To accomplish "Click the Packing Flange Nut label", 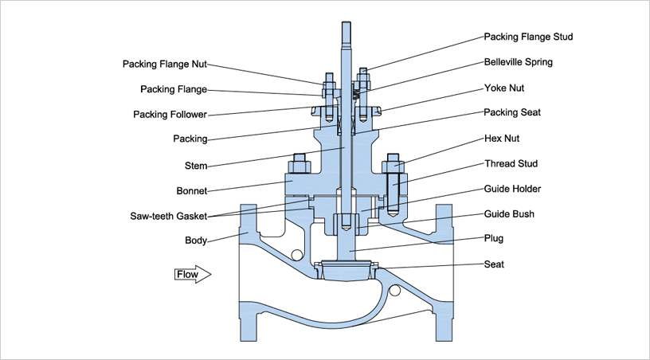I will [x=165, y=64].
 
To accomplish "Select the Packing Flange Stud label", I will [x=528, y=37].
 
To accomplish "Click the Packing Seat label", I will [x=512, y=112].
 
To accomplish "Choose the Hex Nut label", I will [x=502, y=138].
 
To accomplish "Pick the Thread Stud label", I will [x=511, y=163].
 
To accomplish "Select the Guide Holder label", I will [x=512, y=189].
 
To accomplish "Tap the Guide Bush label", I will [x=509, y=213].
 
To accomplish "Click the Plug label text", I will [x=494, y=238].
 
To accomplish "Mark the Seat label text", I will [x=494, y=264].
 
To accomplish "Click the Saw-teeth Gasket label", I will [x=168, y=216].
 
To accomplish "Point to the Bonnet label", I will [x=191, y=191].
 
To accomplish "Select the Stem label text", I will [x=196, y=166].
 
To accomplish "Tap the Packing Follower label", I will [x=170, y=115].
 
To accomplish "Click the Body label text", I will [x=196, y=241].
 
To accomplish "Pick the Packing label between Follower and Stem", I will [x=190, y=139].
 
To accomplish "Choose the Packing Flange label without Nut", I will [x=174, y=89].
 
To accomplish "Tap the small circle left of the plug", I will [x=296, y=254].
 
